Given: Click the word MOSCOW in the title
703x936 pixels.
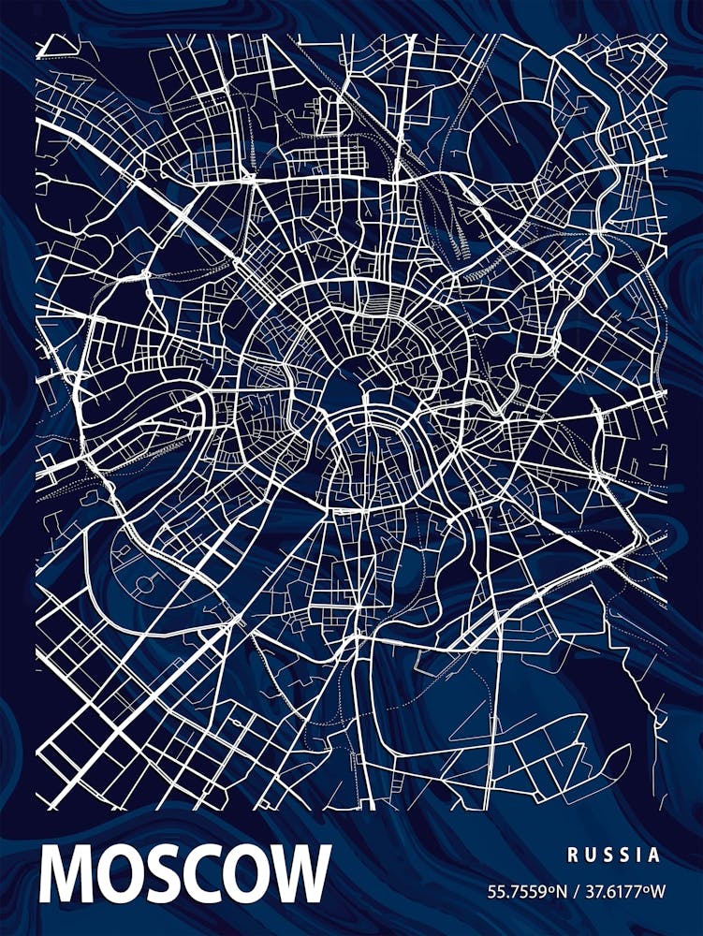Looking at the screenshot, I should coord(184,874).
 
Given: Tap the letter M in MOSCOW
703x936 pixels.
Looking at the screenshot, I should coord(66,874).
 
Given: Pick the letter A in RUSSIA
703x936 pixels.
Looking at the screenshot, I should coord(653,855).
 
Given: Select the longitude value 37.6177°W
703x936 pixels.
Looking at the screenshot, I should coord(621,891).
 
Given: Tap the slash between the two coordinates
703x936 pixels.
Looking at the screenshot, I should coord(574,891).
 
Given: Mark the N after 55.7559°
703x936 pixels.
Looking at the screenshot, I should coord(559,891).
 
